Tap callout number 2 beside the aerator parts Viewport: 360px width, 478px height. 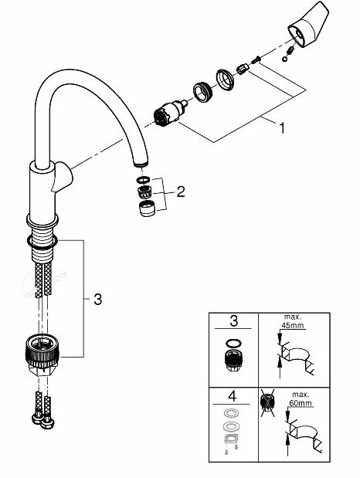[x=180, y=192]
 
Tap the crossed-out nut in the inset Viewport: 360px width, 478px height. [x=270, y=402]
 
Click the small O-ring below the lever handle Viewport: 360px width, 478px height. [x=289, y=54]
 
